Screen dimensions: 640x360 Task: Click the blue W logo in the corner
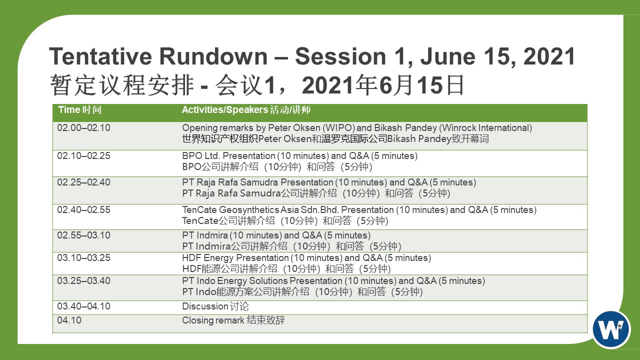[611, 329]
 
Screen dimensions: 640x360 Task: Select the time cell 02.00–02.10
[83, 127]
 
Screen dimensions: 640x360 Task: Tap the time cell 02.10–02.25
[83, 155]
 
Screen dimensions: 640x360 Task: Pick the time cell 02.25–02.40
[83, 182]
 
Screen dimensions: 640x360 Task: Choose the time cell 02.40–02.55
[83, 209]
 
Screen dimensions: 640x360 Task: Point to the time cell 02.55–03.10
[83, 235]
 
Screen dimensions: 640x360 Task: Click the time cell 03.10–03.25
[83, 257]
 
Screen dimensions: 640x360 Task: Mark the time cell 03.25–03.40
[83, 280]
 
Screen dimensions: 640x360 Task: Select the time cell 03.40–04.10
[83, 306]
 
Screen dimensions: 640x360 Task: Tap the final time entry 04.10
[69, 320]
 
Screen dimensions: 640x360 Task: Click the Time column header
[79, 109]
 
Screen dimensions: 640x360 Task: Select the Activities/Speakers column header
[246, 109]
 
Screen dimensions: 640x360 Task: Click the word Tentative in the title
[100, 56]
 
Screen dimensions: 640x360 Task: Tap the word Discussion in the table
[205, 306]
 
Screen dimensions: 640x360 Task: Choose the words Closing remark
[213, 320]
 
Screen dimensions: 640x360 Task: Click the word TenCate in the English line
[199, 209]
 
